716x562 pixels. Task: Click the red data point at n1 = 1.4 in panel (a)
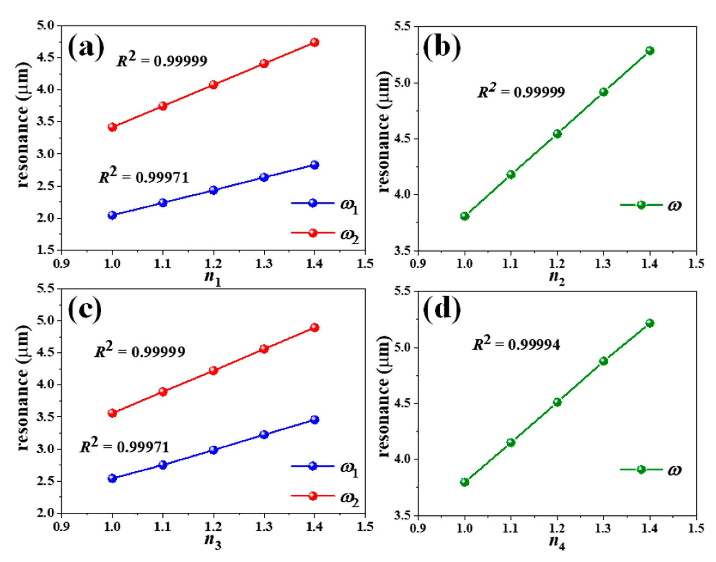pyautogui.click(x=314, y=42)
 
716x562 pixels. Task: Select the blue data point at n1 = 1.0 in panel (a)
pyautogui.click(x=112, y=215)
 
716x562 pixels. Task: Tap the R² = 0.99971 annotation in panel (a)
pyautogui.click(x=144, y=177)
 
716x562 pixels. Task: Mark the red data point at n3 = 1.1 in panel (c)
pyautogui.click(x=163, y=391)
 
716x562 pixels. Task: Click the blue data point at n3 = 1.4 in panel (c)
pyautogui.click(x=314, y=420)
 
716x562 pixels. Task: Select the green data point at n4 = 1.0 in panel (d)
pyautogui.click(x=464, y=483)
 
